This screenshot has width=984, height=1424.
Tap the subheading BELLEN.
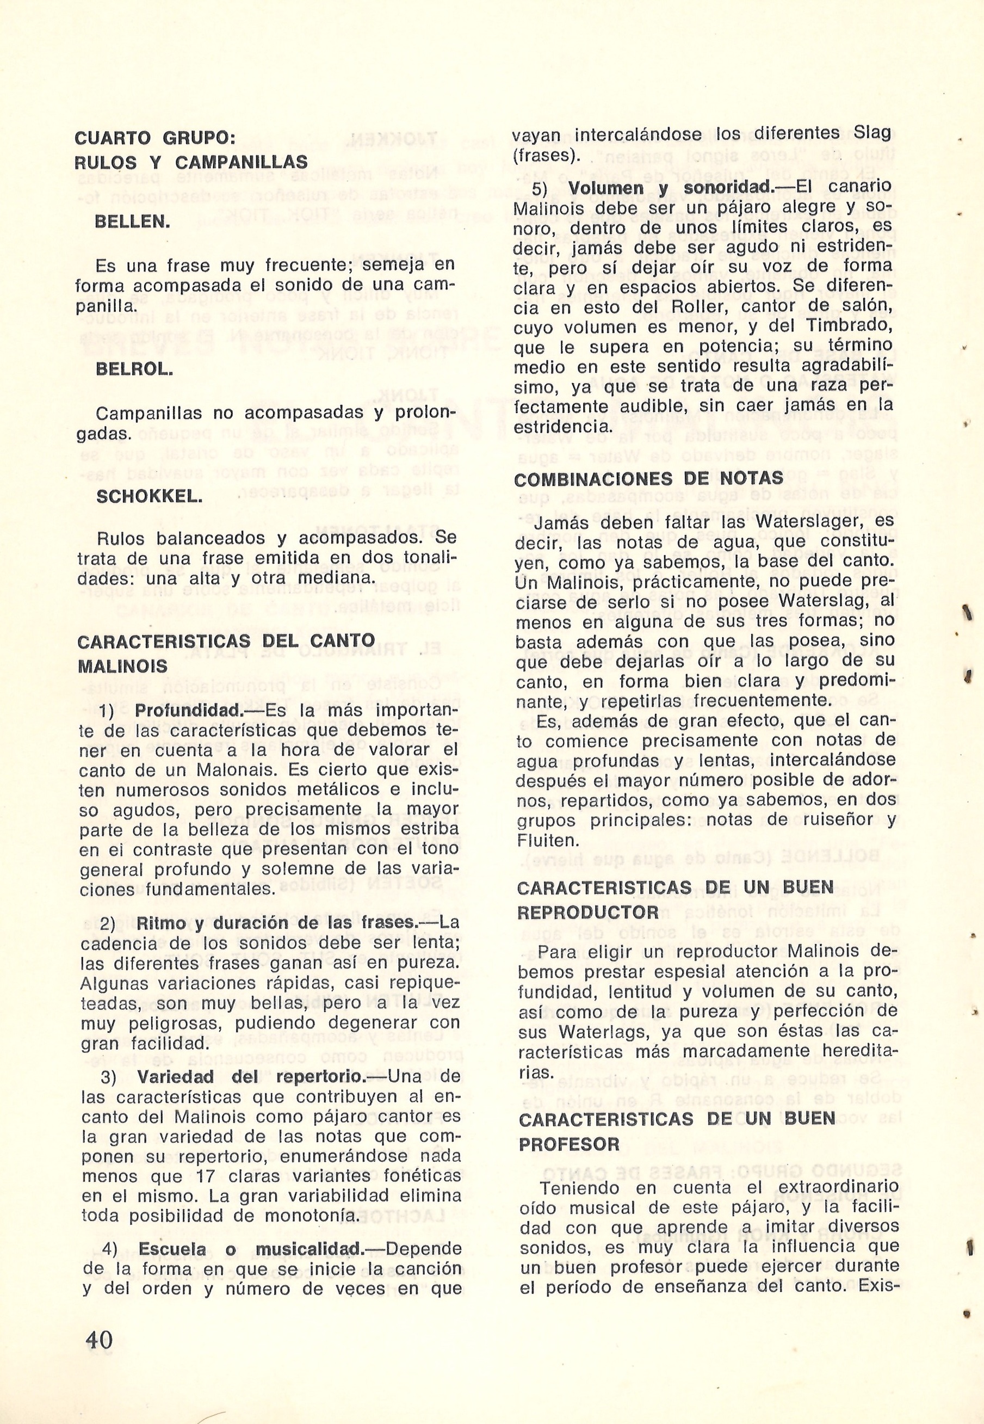point(133,221)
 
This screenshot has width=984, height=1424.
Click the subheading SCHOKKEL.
point(150,496)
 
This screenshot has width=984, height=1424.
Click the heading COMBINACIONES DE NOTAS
point(648,479)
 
